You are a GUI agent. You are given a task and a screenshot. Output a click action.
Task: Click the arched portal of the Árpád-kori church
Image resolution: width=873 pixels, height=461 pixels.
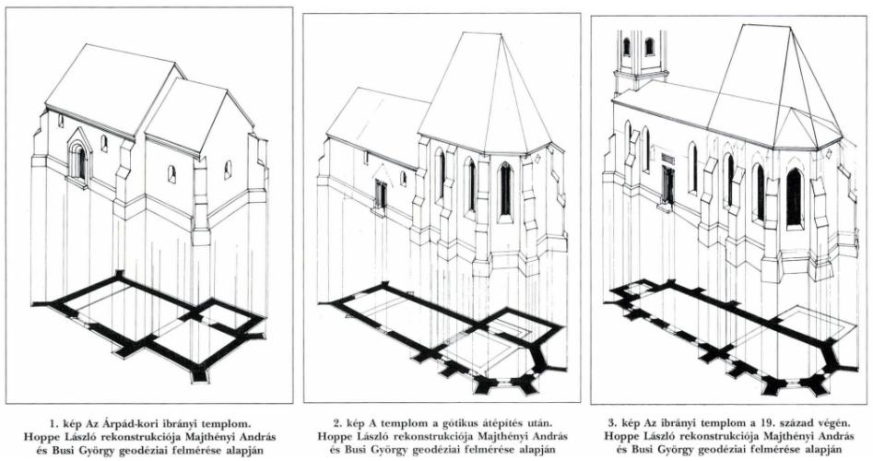[78, 158]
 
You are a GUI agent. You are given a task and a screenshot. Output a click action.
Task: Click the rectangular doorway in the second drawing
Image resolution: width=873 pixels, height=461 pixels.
[381, 195]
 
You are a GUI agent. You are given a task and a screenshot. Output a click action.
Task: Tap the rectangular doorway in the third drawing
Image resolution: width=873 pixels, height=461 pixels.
[667, 184]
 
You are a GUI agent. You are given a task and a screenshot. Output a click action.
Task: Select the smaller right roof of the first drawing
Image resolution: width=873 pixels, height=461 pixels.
[197, 114]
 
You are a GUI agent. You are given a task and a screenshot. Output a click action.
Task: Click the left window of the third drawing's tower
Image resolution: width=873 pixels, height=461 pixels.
[626, 47]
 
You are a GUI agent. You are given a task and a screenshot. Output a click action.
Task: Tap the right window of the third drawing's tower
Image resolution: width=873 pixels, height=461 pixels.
[649, 46]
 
